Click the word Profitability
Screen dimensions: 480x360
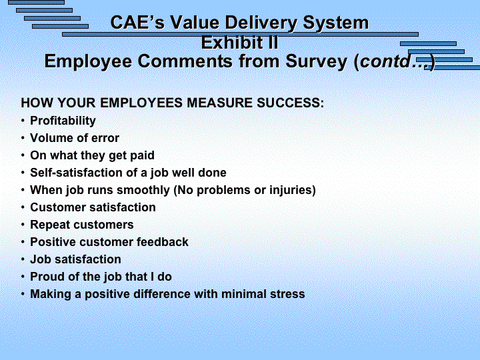(63, 121)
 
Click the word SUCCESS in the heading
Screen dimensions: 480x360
(289, 103)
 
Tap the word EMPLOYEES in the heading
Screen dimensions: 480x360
(142, 103)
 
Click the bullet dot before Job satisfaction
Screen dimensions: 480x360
(23, 259)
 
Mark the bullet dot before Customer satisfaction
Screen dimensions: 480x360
(23, 207)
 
